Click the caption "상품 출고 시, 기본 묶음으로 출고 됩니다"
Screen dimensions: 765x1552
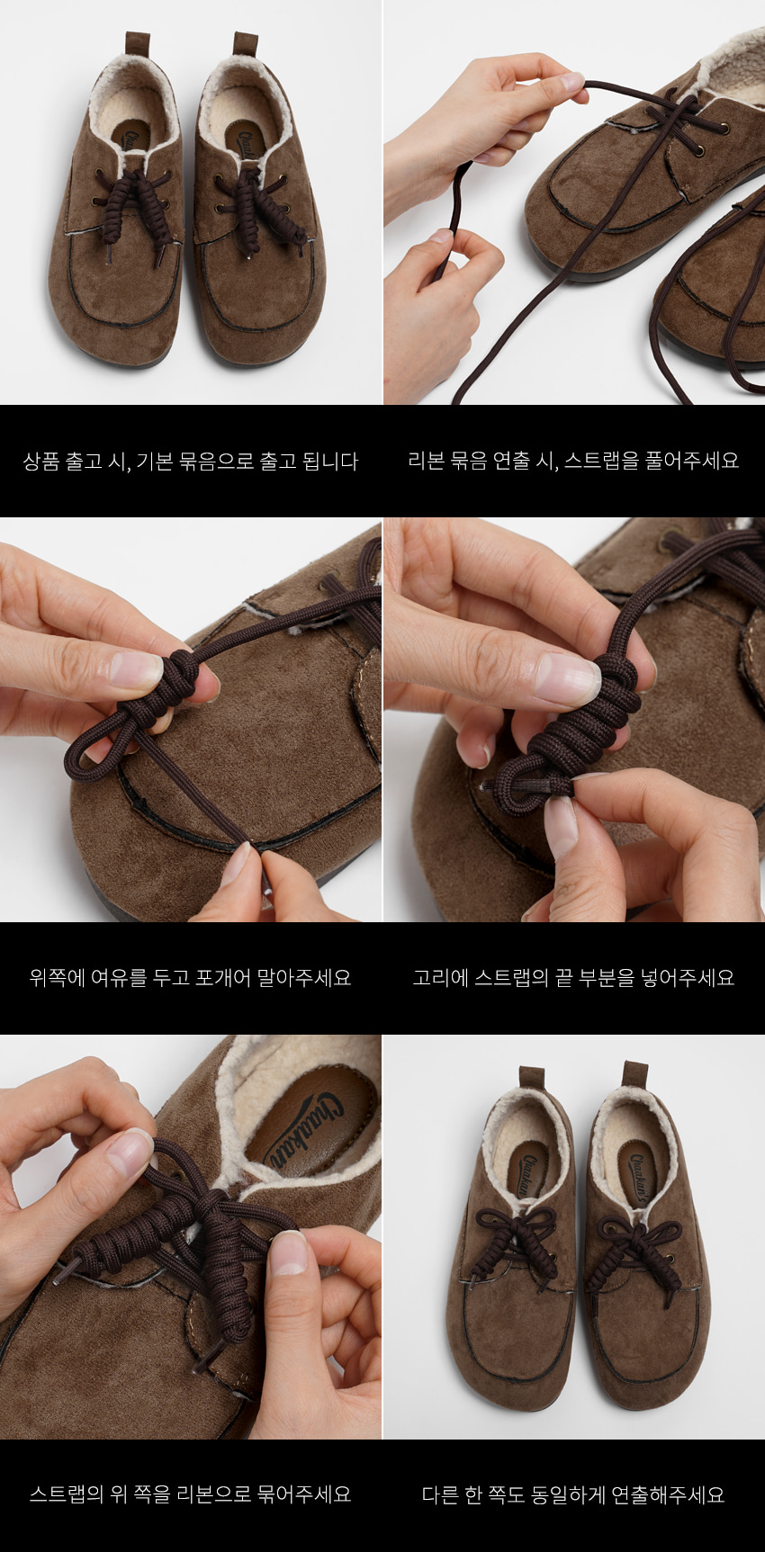tap(191, 462)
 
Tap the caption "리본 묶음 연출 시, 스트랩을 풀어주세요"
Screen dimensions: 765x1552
tap(573, 461)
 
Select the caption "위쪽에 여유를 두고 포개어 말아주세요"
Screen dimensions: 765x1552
tap(190, 977)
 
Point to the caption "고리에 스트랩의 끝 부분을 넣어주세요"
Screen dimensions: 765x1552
tap(573, 977)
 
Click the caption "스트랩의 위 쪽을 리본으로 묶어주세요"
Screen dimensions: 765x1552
tap(190, 1494)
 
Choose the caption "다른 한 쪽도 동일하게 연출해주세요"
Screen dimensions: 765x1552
tap(573, 1494)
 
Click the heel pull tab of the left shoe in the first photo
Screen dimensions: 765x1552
tap(138, 44)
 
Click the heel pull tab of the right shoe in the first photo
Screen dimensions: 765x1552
tap(246, 44)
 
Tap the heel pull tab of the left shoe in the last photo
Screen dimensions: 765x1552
tap(532, 1079)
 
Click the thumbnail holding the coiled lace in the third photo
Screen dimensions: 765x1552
tap(135, 670)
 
